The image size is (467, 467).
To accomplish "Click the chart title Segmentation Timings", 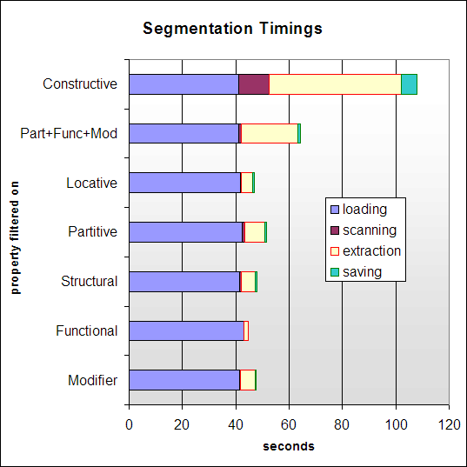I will coord(232,29).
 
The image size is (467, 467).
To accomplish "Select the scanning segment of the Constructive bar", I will coord(254,83).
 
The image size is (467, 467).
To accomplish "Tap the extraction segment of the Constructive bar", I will coord(335,83).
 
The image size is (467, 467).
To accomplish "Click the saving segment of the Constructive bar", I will coord(409,83).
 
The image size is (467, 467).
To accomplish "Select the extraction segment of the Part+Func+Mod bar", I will coord(269,133).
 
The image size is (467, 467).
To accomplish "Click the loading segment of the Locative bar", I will coord(184,183).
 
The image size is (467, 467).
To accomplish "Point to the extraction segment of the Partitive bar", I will coord(254,232).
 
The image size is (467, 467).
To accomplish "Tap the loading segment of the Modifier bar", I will coord(183,380).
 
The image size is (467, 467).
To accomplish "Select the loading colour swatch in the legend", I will coord(335,210).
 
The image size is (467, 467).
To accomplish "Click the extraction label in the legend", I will coord(371,251).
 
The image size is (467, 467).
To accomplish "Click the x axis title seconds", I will coord(289,447).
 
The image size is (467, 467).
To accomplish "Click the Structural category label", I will coord(89,282).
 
